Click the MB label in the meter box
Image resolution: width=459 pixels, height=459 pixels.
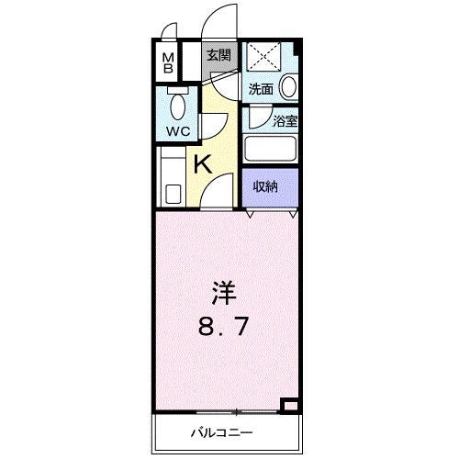click(x=169, y=65)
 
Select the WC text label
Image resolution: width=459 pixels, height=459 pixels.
click(x=177, y=132)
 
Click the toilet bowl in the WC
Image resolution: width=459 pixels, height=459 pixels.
click(x=177, y=106)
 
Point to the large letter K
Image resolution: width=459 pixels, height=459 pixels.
click(x=203, y=165)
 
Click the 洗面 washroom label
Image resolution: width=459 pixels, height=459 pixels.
click(x=261, y=89)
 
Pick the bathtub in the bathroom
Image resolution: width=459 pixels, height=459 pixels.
click(x=272, y=149)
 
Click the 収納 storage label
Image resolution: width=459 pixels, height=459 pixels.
click(x=266, y=186)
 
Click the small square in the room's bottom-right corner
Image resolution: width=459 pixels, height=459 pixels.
click(x=289, y=403)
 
